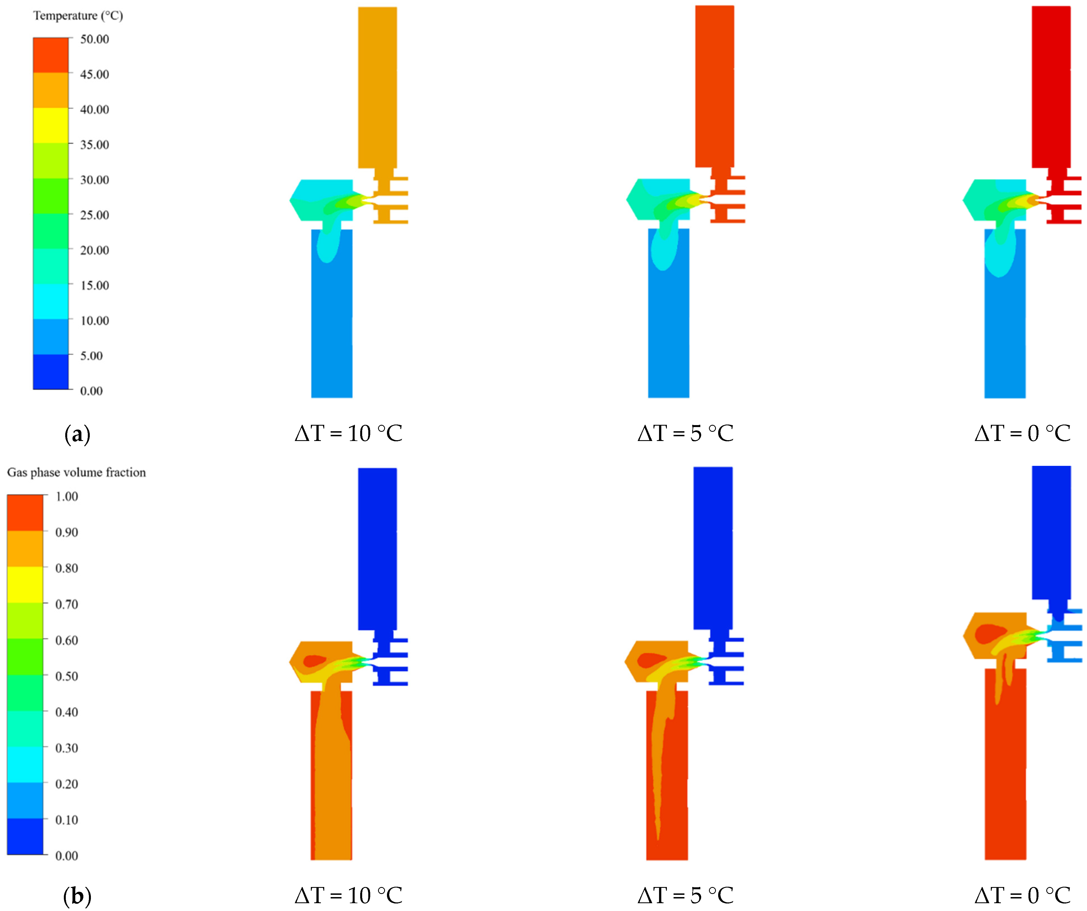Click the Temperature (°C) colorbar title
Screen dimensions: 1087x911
coord(78,16)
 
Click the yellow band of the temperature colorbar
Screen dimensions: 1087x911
coord(51,125)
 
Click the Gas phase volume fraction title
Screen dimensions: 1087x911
coord(77,472)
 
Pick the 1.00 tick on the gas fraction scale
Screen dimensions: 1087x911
coord(67,497)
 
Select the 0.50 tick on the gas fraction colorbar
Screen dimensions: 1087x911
coord(67,676)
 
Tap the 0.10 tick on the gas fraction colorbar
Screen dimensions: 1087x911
coord(67,820)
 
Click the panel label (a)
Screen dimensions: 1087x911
coord(77,434)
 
